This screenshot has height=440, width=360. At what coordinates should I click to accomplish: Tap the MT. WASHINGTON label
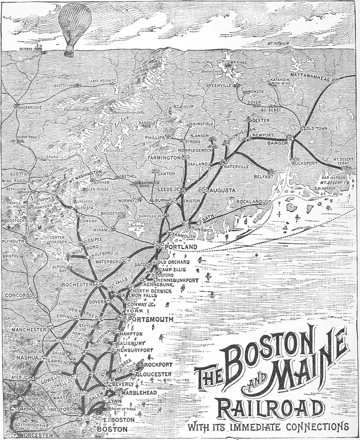(x=85, y=176)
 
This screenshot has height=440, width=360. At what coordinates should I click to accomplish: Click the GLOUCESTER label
(x=154, y=374)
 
